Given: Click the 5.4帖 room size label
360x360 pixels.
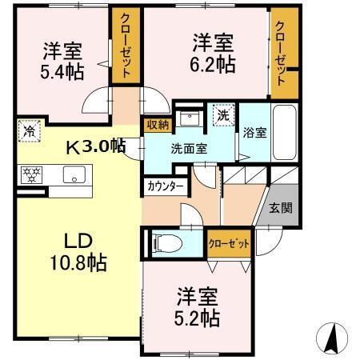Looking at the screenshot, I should coord(61,70).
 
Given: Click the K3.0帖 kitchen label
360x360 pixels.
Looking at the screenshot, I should coord(95,146).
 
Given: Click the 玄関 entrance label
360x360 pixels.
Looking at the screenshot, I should coord(281,209).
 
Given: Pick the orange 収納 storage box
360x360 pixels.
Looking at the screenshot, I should coord(157,124).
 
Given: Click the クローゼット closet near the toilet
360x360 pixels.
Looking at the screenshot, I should coord(229,243).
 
